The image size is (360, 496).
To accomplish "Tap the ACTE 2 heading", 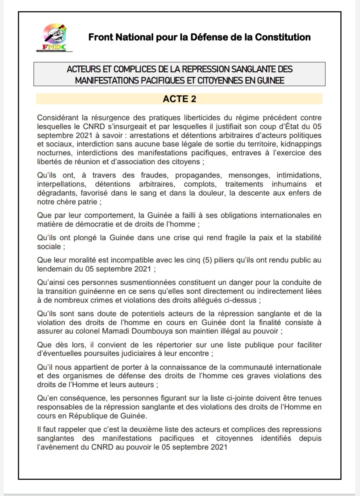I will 179,99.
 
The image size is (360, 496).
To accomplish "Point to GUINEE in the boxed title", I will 271,80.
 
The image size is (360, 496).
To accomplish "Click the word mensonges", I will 249,175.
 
